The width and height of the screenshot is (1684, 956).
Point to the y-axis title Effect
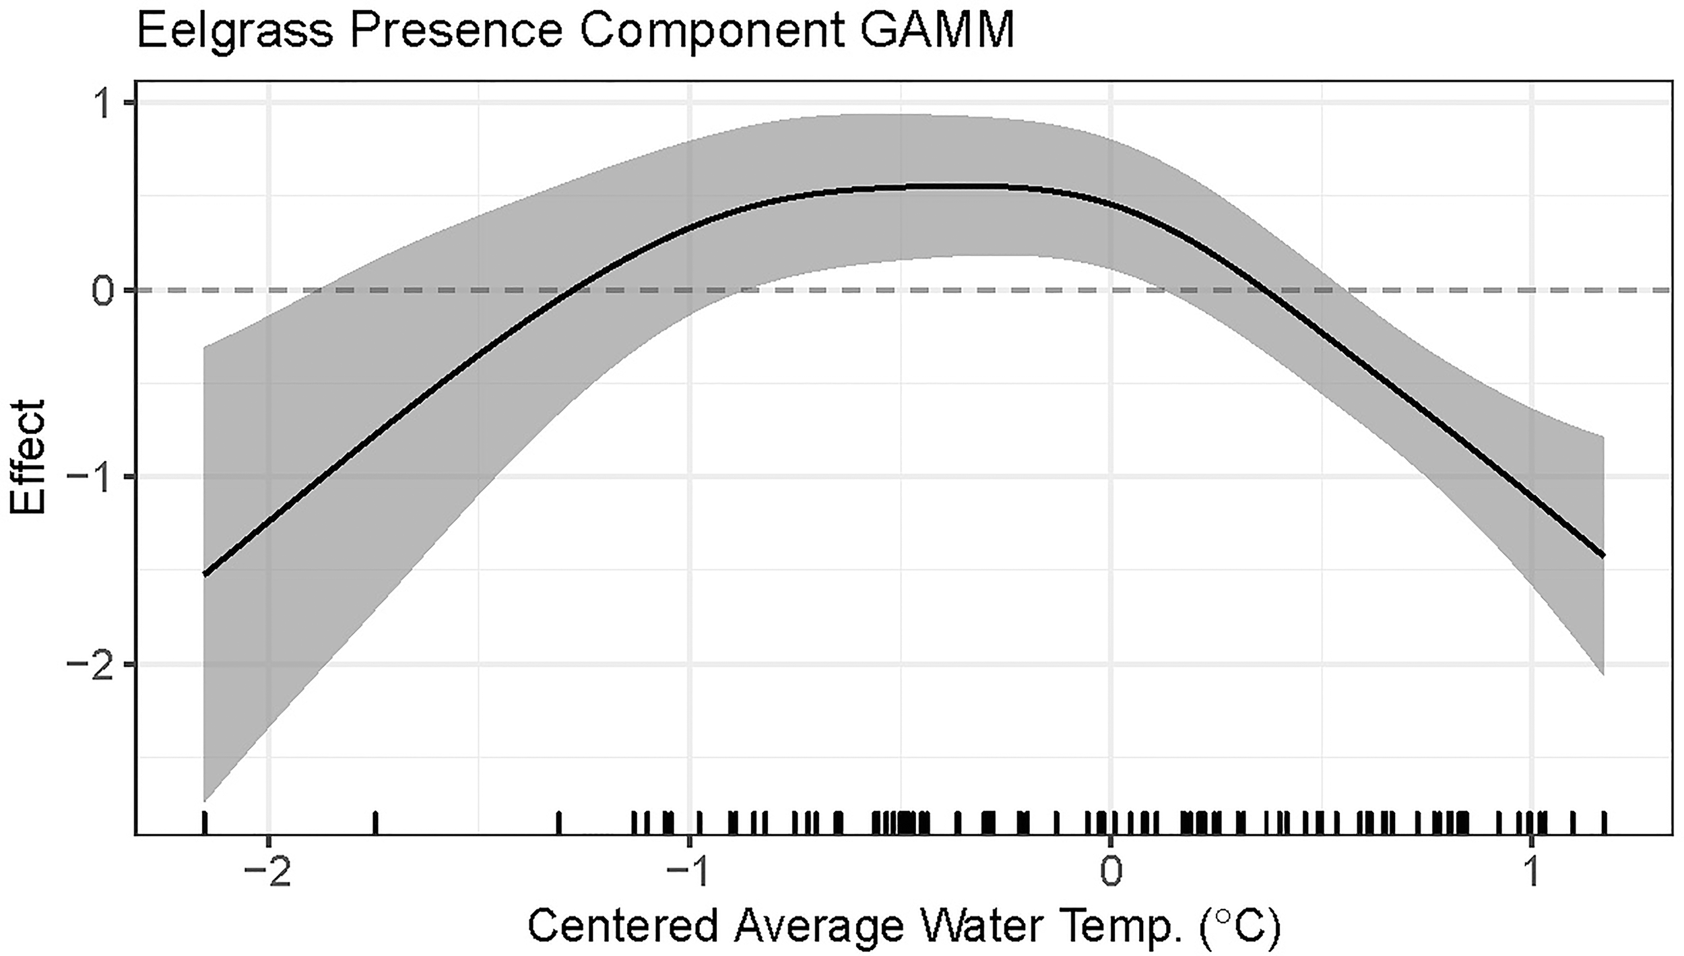pos(28,457)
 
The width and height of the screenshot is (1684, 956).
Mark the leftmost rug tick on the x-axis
pos(205,823)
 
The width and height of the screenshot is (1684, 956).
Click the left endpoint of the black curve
pos(205,574)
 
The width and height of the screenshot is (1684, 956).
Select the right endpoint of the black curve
pos(1603,555)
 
